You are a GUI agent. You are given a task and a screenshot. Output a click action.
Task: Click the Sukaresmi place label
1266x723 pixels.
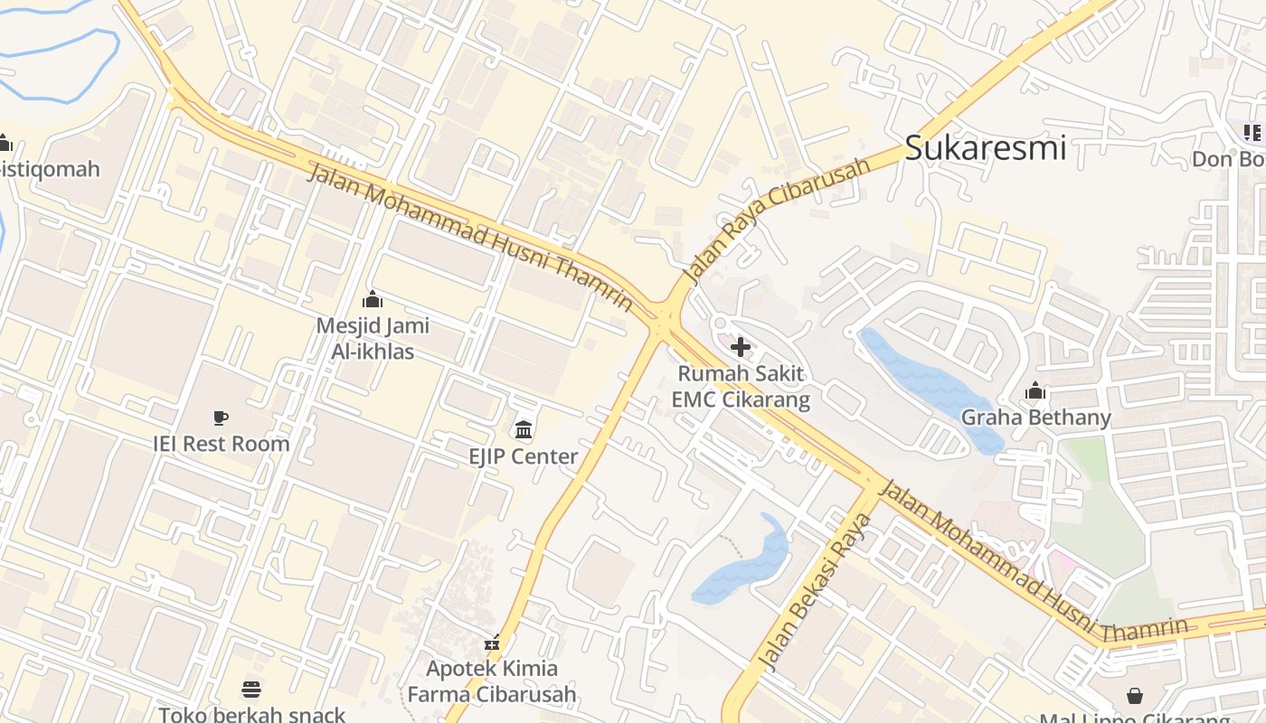click(x=985, y=147)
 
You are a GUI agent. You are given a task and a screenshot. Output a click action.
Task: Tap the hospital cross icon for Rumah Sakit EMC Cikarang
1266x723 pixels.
click(x=740, y=347)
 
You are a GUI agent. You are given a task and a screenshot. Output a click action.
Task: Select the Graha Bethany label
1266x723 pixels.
click(x=1035, y=418)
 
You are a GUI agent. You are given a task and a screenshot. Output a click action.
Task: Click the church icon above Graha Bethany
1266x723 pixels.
click(x=1035, y=391)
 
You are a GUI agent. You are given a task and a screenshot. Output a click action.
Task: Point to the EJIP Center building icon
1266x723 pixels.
click(x=523, y=429)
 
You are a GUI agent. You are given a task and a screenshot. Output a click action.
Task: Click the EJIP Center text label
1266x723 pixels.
click(x=523, y=456)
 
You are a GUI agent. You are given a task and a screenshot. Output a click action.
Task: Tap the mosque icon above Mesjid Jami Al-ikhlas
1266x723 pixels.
click(x=372, y=299)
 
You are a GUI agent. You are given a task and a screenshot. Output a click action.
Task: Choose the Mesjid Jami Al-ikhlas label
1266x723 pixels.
click(x=372, y=338)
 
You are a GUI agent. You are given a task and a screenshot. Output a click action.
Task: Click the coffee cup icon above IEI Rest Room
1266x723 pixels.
click(x=221, y=418)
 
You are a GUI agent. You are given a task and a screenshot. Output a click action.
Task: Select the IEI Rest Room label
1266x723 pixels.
click(x=221, y=444)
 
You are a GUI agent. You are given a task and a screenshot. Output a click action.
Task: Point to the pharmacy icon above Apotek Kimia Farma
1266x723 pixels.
click(x=491, y=643)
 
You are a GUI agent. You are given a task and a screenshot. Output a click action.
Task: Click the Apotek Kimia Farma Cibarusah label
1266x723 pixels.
click(x=491, y=681)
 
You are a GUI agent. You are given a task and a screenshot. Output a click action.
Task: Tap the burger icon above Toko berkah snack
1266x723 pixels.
click(x=251, y=690)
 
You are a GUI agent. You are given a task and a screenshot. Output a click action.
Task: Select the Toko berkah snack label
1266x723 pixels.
click(x=251, y=715)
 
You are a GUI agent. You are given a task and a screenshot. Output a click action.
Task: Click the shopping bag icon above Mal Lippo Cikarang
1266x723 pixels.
click(x=1134, y=695)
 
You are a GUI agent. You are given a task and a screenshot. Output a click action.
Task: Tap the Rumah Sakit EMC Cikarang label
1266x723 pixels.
click(x=740, y=386)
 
